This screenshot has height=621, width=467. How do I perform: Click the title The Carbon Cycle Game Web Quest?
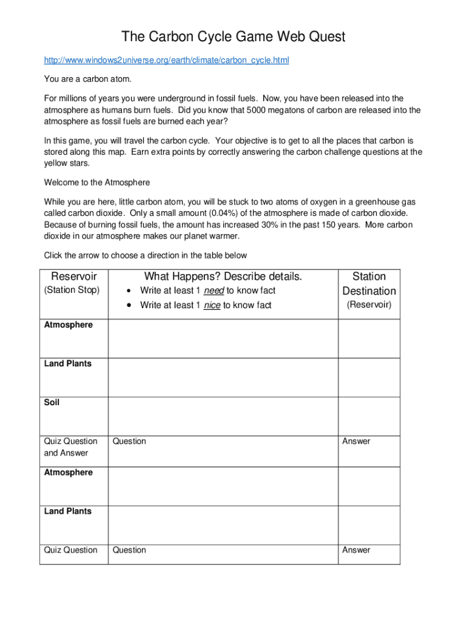[233, 37]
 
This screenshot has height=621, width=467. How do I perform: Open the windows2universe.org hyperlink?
[167, 61]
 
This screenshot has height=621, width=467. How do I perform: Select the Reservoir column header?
[73, 277]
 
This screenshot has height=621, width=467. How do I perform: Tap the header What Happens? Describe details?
[223, 277]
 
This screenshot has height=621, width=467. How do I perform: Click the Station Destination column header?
[369, 284]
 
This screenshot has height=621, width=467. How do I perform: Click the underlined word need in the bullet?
[213, 290]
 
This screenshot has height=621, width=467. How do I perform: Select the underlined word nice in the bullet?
[212, 305]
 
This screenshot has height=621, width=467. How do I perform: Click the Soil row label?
[52, 402]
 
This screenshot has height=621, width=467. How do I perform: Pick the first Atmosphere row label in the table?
[69, 325]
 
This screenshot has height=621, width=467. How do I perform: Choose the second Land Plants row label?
[68, 511]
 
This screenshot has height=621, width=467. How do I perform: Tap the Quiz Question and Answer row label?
[70, 447]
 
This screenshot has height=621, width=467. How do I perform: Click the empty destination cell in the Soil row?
[369, 416]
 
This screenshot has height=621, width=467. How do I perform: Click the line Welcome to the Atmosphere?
[97, 183]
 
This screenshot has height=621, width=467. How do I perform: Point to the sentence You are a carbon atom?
[87, 79]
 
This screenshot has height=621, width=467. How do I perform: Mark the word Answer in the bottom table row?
[356, 550]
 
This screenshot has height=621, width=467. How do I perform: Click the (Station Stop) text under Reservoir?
[72, 290]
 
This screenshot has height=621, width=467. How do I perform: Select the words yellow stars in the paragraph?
[67, 164]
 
